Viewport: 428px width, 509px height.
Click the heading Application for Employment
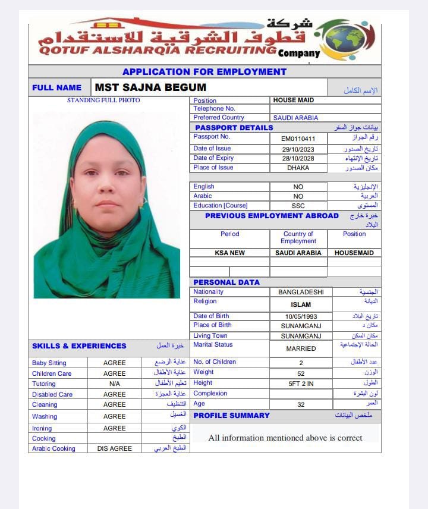coord(204,72)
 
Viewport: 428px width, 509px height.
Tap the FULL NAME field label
coord(57,87)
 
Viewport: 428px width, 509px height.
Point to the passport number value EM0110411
coord(298,139)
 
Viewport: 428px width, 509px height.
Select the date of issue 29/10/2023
coord(298,149)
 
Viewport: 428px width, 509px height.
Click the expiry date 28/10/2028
coord(298,158)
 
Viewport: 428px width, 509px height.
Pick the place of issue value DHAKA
coord(298,168)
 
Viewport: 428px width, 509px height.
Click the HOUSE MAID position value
coord(294,100)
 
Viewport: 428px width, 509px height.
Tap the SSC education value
coord(298,206)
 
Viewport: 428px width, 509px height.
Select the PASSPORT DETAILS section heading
coord(234,128)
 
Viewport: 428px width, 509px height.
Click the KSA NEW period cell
coord(229,253)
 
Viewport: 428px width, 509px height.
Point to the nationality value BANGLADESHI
coord(301,292)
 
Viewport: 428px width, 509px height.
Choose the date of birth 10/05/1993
coord(301,316)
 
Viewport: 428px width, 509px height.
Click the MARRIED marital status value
coord(301,348)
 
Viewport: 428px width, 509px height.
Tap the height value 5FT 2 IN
coord(301,384)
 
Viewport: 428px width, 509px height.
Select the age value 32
coord(301,404)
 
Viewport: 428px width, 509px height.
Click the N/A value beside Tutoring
coord(115,384)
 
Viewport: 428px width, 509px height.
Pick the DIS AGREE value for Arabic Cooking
coord(115,448)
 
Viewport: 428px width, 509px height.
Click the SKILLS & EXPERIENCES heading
coord(79,346)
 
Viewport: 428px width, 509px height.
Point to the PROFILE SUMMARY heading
coord(232,416)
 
